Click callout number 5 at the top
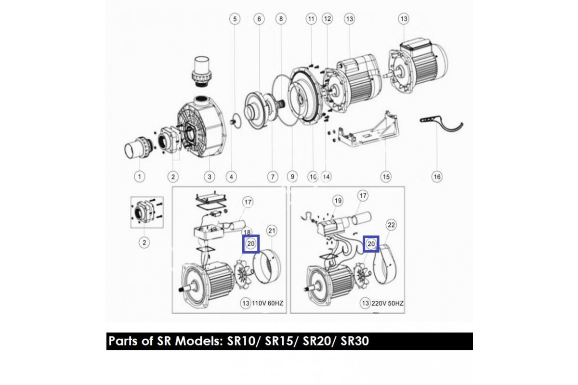click(x=235, y=19)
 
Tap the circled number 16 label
click(x=437, y=177)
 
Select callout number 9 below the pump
click(x=292, y=177)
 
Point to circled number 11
click(x=311, y=19)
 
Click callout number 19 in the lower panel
click(x=338, y=201)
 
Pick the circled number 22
click(x=391, y=225)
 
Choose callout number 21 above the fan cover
click(x=272, y=231)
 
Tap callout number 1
click(x=140, y=177)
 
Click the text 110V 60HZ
click(x=267, y=303)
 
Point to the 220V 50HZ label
click(x=387, y=303)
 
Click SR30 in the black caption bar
click(x=355, y=341)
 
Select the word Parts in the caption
click(x=124, y=341)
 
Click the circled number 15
click(x=386, y=177)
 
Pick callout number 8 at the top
click(x=281, y=19)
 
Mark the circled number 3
click(x=209, y=177)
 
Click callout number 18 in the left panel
click(x=247, y=232)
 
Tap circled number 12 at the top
click(x=327, y=19)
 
